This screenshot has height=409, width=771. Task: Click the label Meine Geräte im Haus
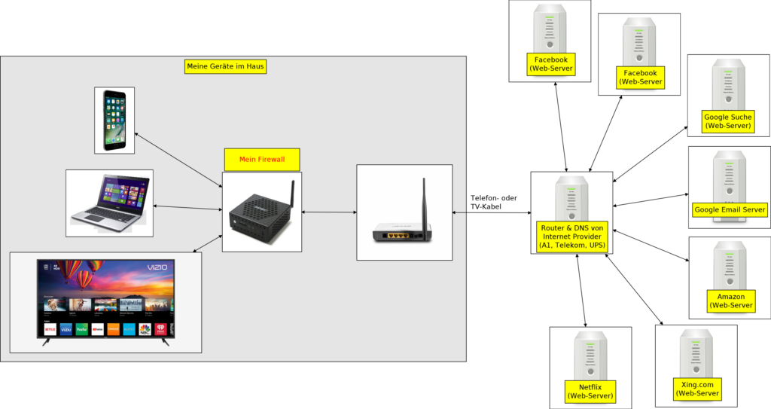(x=226, y=66)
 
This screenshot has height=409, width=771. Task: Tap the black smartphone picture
(x=114, y=120)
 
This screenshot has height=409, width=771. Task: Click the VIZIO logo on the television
(x=157, y=267)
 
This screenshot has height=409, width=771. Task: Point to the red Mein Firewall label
(x=262, y=159)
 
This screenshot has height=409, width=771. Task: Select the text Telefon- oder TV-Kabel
(x=494, y=201)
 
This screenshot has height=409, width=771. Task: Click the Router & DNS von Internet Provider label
(x=572, y=236)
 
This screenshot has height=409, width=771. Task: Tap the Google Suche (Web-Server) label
(x=728, y=121)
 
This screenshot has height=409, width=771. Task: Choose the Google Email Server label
(x=730, y=209)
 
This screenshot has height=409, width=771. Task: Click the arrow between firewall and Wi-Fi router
(x=329, y=212)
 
